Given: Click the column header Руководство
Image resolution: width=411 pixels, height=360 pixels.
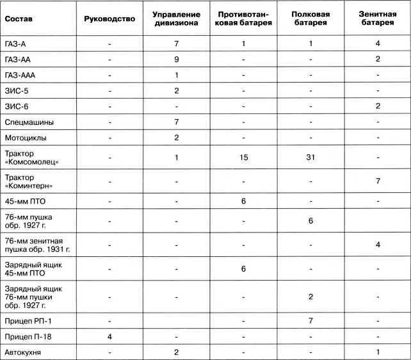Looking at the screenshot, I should pyautogui.click(x=110, y=19).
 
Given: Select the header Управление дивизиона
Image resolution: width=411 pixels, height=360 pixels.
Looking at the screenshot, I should pyautogui.click(x=177, y=19).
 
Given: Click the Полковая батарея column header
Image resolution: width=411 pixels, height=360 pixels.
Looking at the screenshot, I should pyautogui.click(x=310, y=19).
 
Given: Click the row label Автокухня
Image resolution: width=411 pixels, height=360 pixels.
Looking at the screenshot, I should pyautogui.click(x=26, y=352).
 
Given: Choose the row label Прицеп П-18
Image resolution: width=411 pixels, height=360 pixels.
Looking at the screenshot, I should pyautogui.click(x=29, y=336).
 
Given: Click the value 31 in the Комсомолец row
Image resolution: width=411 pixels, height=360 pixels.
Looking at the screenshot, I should pyautogui.click(x=310, y=158).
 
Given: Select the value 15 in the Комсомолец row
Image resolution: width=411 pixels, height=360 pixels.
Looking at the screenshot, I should pyautogui.click(x=244, y=158).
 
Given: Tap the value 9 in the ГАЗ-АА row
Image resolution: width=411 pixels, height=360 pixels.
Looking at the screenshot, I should pyautogui.click(x=175, y=59).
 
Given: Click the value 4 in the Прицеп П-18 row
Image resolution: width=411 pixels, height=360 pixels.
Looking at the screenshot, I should pyautogui.click(x=110, y=336).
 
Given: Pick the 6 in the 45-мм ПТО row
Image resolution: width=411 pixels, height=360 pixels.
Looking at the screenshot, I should pyautogui.click(x=244, y=201).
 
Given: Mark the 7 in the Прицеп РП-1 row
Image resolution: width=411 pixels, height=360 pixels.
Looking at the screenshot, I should pyautogui.click(x=310, y=320).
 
